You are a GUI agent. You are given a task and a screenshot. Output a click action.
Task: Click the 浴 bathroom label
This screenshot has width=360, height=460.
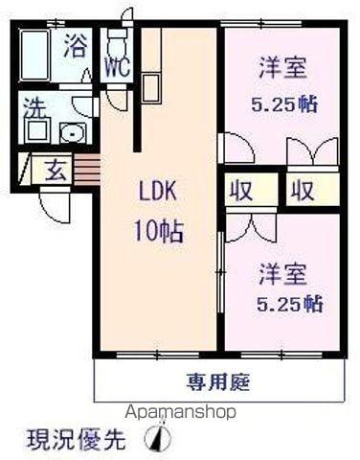pyautogui.click(x=74, y=46)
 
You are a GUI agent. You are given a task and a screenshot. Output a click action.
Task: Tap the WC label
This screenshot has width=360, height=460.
pyautogui.click(x=116, y=68)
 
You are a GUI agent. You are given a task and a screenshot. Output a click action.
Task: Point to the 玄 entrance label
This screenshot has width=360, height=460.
pyautogui.click(x=56, y=172)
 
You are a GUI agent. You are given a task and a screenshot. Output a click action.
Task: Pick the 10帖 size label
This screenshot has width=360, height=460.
pyautogui.click(x=158, y=231)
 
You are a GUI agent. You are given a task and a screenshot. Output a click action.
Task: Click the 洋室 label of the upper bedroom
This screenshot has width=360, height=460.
pyautogui.click(x=282, y=69)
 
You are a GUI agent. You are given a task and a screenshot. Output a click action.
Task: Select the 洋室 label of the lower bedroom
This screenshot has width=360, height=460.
pyautogui.click(x=282, y=272)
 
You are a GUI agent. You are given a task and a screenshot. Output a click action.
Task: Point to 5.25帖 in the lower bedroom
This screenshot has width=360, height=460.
pyautogui.click(x=289, y=305)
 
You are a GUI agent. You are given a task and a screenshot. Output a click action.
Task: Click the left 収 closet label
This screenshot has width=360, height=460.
pyautogui.click(x=238, y=189)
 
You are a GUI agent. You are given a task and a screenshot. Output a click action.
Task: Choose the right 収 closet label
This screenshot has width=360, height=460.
pyautogui.click(x=303, y=189)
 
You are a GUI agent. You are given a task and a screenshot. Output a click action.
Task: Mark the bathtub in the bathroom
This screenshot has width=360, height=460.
pyautogui.click(x=36, y=56)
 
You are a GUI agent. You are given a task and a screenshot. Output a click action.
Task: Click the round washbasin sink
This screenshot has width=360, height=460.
pyautogui.click(x=70, y=133)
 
